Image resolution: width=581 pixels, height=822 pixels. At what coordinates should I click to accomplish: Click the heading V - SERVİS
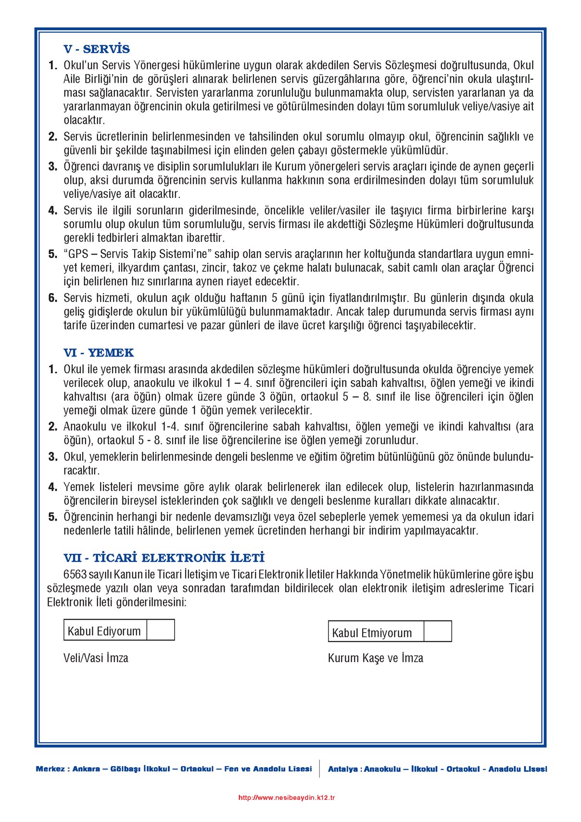96,49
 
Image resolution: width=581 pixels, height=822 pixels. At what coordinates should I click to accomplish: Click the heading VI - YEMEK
98,353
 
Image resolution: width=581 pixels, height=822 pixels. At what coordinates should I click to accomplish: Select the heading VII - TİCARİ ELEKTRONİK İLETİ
164,558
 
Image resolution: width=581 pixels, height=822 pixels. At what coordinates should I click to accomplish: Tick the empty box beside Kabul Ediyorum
161,630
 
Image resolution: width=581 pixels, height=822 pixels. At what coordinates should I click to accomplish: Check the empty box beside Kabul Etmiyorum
438,632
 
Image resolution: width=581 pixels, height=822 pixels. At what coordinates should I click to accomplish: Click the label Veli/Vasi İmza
96,658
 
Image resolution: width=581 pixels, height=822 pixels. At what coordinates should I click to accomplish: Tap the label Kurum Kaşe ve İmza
375,658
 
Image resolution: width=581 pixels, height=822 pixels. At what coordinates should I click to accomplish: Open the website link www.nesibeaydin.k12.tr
287,798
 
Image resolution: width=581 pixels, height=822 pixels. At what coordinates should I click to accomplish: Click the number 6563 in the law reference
75,574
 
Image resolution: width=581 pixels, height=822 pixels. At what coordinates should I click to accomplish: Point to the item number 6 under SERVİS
53,298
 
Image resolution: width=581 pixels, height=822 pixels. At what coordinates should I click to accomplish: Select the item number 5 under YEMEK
53,517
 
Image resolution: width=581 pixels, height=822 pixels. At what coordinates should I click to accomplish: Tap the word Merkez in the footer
50,769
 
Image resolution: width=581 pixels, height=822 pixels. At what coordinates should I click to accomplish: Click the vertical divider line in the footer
319,769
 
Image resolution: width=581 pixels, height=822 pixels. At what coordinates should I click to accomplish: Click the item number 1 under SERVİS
53,65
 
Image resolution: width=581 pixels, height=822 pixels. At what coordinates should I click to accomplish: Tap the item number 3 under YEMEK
53,457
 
